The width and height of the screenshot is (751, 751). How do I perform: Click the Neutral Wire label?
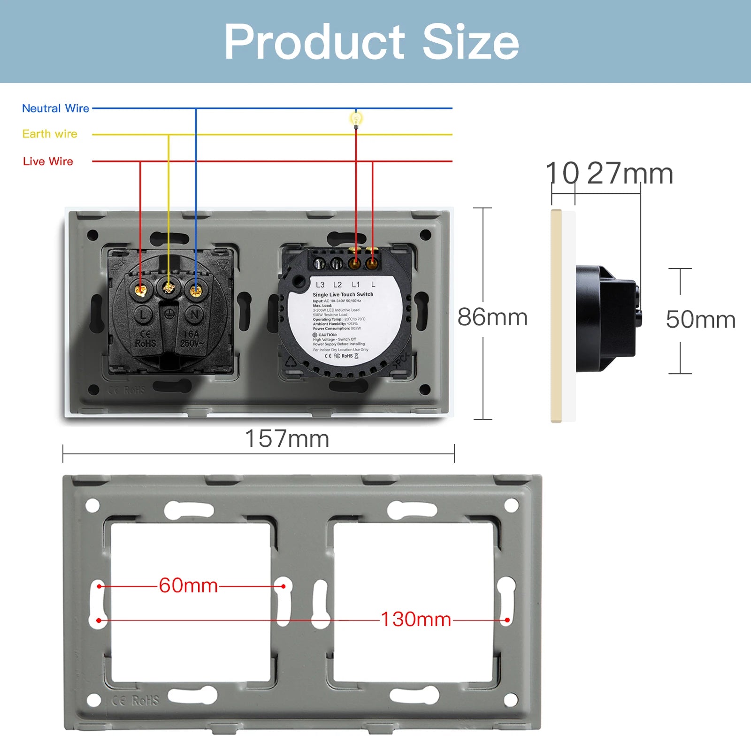coord(55,108)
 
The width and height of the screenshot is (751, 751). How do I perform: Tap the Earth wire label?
coord(50,134)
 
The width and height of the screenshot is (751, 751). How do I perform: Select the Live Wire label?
coord(48,161)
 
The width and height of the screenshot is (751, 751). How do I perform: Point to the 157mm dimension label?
coord(287,439)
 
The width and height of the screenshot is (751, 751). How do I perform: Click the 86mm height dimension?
coord(492,317)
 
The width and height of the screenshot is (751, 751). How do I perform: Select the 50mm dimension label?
coord(700,320)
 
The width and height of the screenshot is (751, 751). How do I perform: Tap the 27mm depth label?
coord(630,174)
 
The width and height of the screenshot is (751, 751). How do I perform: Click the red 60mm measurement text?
coord(188,586)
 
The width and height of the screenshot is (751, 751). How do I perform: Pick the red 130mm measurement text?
coord(415,620)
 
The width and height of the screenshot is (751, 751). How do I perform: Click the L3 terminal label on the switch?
coord(320,285)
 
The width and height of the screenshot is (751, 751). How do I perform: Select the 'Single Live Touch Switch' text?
coord(343,294)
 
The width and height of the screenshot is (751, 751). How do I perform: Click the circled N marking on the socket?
coord(195,314)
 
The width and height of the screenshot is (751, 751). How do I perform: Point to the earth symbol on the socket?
coord(169,314)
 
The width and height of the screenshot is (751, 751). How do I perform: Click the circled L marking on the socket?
coord(143,314)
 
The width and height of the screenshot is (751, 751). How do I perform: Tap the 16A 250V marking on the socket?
coord(192,339)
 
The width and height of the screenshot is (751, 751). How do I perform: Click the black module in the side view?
coord(605,319)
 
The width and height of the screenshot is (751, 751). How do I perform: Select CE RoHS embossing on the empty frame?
coord(136,701)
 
